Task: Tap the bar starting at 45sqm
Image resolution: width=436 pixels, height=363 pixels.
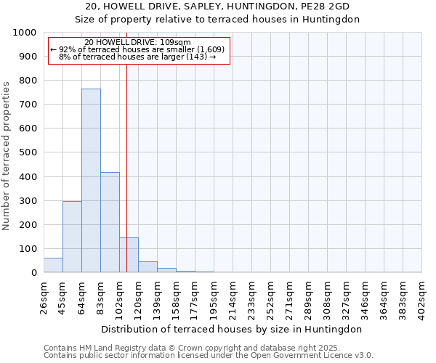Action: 72,237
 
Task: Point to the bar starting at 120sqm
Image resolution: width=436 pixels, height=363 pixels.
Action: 148,266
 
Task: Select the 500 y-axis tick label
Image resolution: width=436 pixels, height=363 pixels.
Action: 28,152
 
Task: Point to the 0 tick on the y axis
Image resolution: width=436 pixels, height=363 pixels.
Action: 33,273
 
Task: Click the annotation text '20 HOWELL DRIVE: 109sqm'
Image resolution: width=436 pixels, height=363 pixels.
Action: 137,42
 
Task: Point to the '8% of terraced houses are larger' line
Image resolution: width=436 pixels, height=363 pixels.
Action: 137,57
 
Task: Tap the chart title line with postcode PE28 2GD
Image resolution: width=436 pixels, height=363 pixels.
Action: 218,6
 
